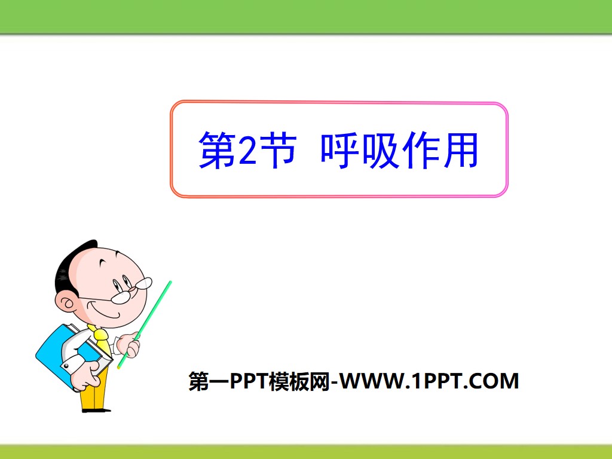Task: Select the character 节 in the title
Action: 279,151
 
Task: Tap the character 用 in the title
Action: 460,151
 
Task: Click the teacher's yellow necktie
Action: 102,338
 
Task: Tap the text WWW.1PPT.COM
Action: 430,381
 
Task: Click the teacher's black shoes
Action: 96,410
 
